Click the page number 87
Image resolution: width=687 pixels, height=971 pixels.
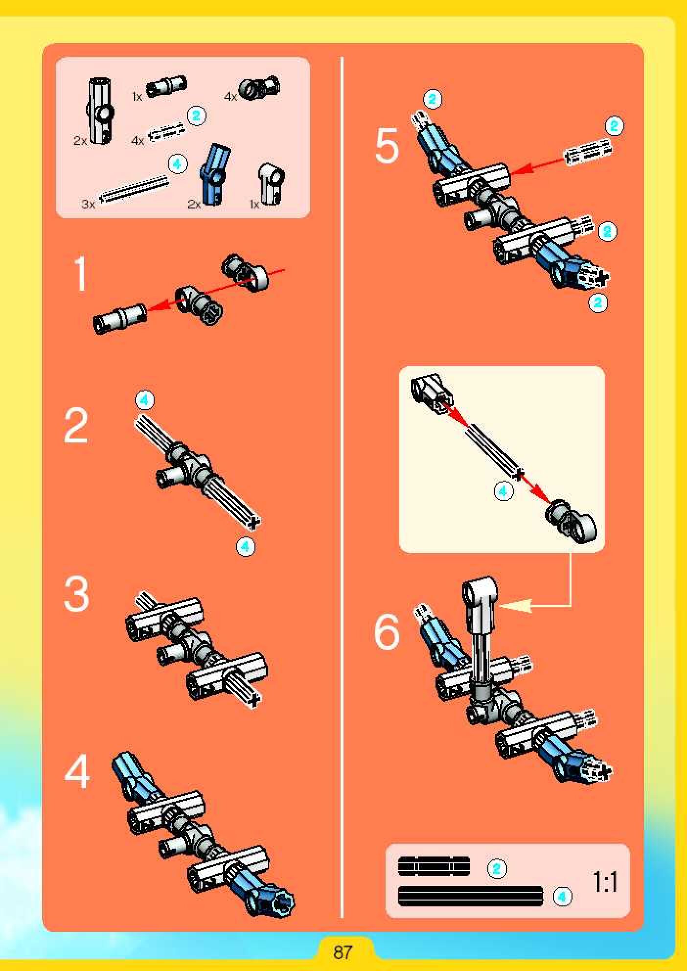[343, 952]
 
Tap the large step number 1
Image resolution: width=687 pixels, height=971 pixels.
[80, 274]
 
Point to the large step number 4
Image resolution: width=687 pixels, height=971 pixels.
[77, 771]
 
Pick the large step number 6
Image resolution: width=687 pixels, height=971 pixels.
[387, 632]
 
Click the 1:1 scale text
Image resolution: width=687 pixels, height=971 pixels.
[605, 882]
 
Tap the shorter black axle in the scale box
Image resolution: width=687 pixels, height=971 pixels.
[434, 866]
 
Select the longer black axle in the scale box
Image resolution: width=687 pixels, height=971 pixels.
[471, 896]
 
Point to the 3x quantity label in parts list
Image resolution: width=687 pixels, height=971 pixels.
[89, 204]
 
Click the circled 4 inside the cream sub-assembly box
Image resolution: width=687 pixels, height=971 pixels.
[503, 490]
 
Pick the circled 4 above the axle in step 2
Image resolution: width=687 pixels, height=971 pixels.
[144, 400]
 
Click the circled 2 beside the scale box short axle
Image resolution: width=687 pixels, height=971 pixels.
[497, 868]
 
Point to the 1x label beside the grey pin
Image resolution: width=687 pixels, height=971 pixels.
[137, 96]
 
